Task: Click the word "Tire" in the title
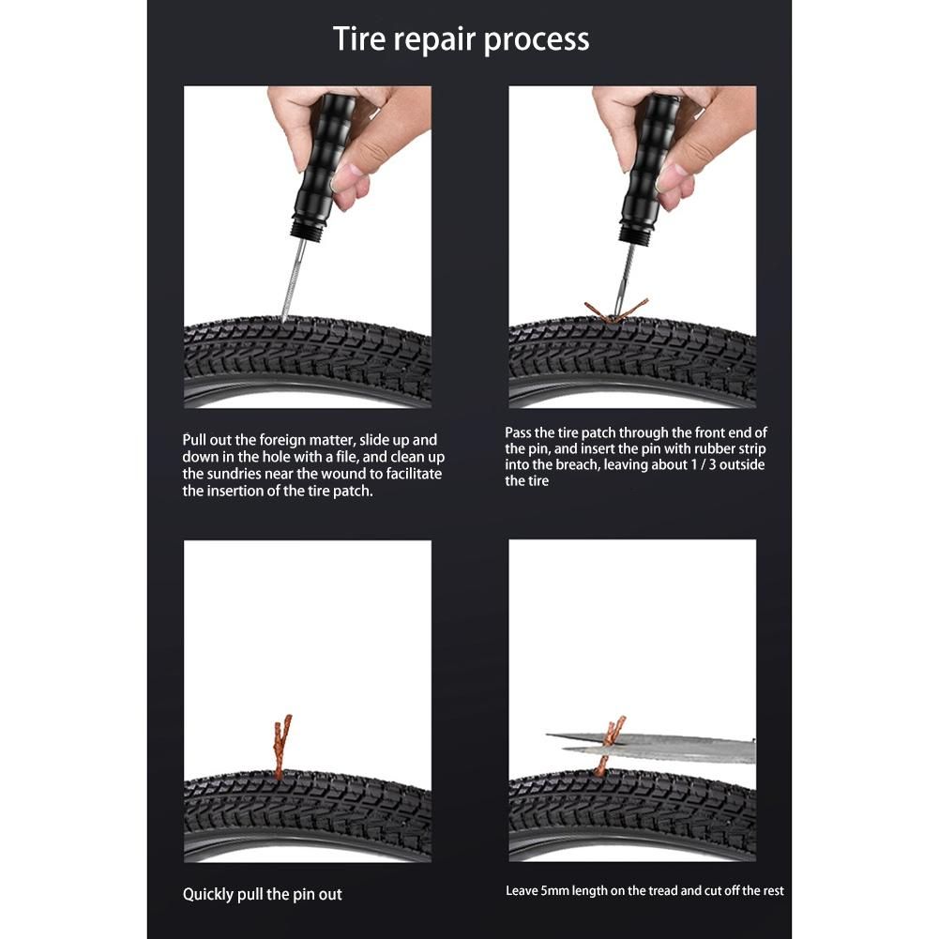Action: [x=357, y=38]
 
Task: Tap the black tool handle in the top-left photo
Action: [x=321, y=158]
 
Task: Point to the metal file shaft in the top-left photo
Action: [x=293, y=280]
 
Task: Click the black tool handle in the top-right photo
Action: [x=647, y=158]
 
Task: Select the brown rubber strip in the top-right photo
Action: [x=616, y=310]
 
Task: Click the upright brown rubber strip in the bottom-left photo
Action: [x=281, y=745]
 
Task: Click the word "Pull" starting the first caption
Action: [x=194, y=440]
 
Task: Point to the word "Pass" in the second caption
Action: [x=518, y=432]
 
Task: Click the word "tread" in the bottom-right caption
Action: [x=661, y=890]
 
